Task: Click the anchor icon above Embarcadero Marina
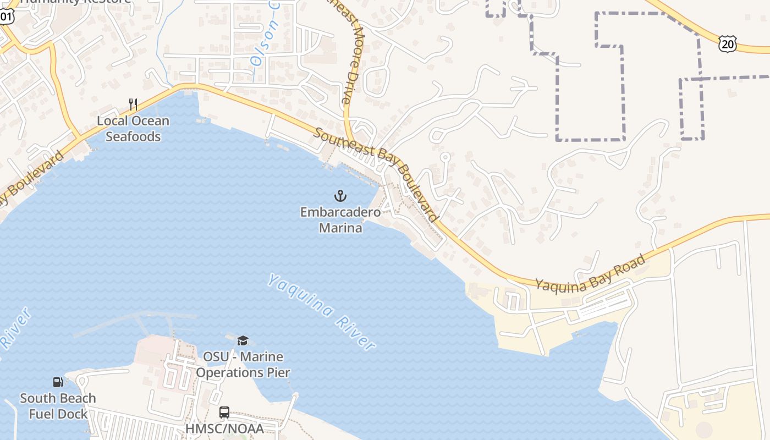tap(340, 195)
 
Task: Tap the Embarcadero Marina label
tap(340, 219)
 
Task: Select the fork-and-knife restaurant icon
tap(133, 104)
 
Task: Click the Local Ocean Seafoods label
tap(133, 128)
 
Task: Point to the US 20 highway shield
tap(727, 43)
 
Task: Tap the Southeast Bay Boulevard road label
tap(377, 173)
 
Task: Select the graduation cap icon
tap(243, 340)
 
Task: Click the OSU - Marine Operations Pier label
tap(243, 365)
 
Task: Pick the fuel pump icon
tap(58, 382)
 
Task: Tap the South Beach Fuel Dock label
tap(58, 406)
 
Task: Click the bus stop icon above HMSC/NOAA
tap(224, 412)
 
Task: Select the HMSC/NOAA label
tap(224, 428)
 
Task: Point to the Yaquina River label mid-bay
tap(322, 311)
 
